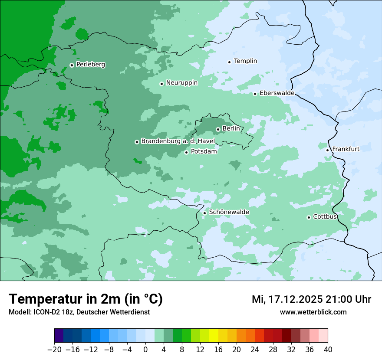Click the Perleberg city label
tap(90, 65)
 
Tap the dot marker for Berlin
tap(218, 129)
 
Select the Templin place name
tap(245, 61)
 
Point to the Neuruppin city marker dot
tap(161, 84)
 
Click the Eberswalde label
tap(277, 93)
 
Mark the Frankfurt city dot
tap(328, 150)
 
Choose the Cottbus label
tap(325, 217)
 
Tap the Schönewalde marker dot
tap(204, 213)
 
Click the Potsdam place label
tap(204, 152)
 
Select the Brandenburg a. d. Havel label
tap(178, 141)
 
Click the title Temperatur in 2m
tap(86, 299)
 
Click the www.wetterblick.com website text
tap(313, 312)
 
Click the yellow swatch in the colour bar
tap(214, 336)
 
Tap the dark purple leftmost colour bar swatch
tap(59, 336)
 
